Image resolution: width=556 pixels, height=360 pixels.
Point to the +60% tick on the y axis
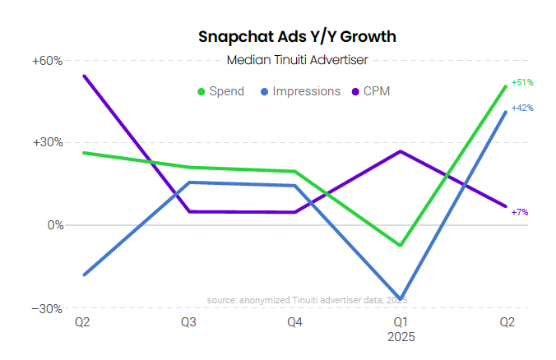point(48,61)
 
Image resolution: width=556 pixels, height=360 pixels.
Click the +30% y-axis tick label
point(48,142)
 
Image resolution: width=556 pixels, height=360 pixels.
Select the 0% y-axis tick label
point(54,224)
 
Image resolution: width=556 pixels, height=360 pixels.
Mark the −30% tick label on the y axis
point(48,308)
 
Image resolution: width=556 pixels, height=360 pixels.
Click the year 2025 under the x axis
point(401,337)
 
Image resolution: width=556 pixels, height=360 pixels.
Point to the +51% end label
point(522,83)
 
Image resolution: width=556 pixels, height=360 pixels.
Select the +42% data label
point(522,108)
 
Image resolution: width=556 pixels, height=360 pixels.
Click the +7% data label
point(520,212)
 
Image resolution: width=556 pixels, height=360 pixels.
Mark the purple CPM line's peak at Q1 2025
point(401,151)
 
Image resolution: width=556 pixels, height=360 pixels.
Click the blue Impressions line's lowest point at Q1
point(401,298)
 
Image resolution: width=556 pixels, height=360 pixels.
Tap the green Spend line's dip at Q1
point(401,245)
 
